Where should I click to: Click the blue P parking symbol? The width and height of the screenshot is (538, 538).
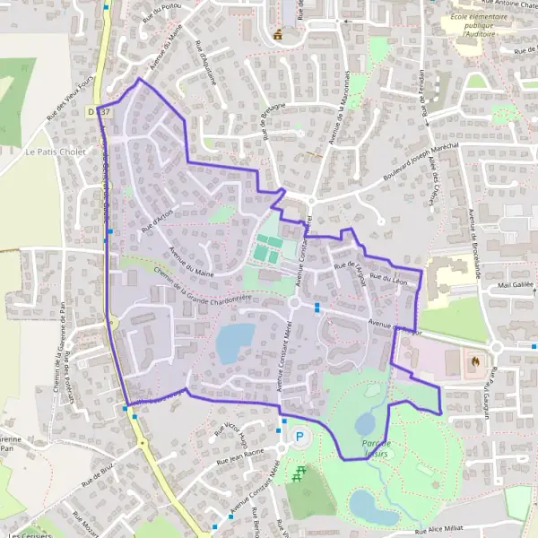click(x=300, y=437)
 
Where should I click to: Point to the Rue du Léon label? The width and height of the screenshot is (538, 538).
click(x=390, y=276)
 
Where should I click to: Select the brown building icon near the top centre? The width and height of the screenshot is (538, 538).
click(x=279, y=34)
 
